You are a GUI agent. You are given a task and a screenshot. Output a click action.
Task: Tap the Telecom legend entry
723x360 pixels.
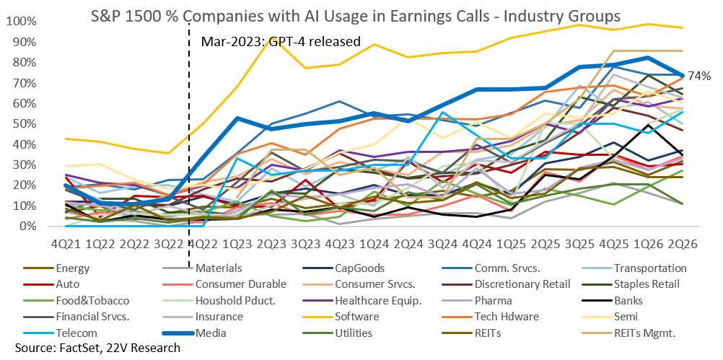click(x=76, y=333)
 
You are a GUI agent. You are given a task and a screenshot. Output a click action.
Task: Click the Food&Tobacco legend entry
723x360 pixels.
click(x=92, y=301)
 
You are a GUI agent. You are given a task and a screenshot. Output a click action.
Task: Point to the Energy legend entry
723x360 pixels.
click(x=72, y=268)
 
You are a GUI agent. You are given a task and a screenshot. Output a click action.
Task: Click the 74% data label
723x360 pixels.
click(x=699, y=76)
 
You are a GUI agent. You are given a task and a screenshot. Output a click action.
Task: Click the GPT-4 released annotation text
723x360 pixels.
click(x=281, y=42)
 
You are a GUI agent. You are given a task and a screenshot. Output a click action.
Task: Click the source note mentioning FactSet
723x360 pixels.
click(x=97, y=348)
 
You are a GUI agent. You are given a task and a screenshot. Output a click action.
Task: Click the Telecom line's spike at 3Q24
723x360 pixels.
click(x=442, y=112)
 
